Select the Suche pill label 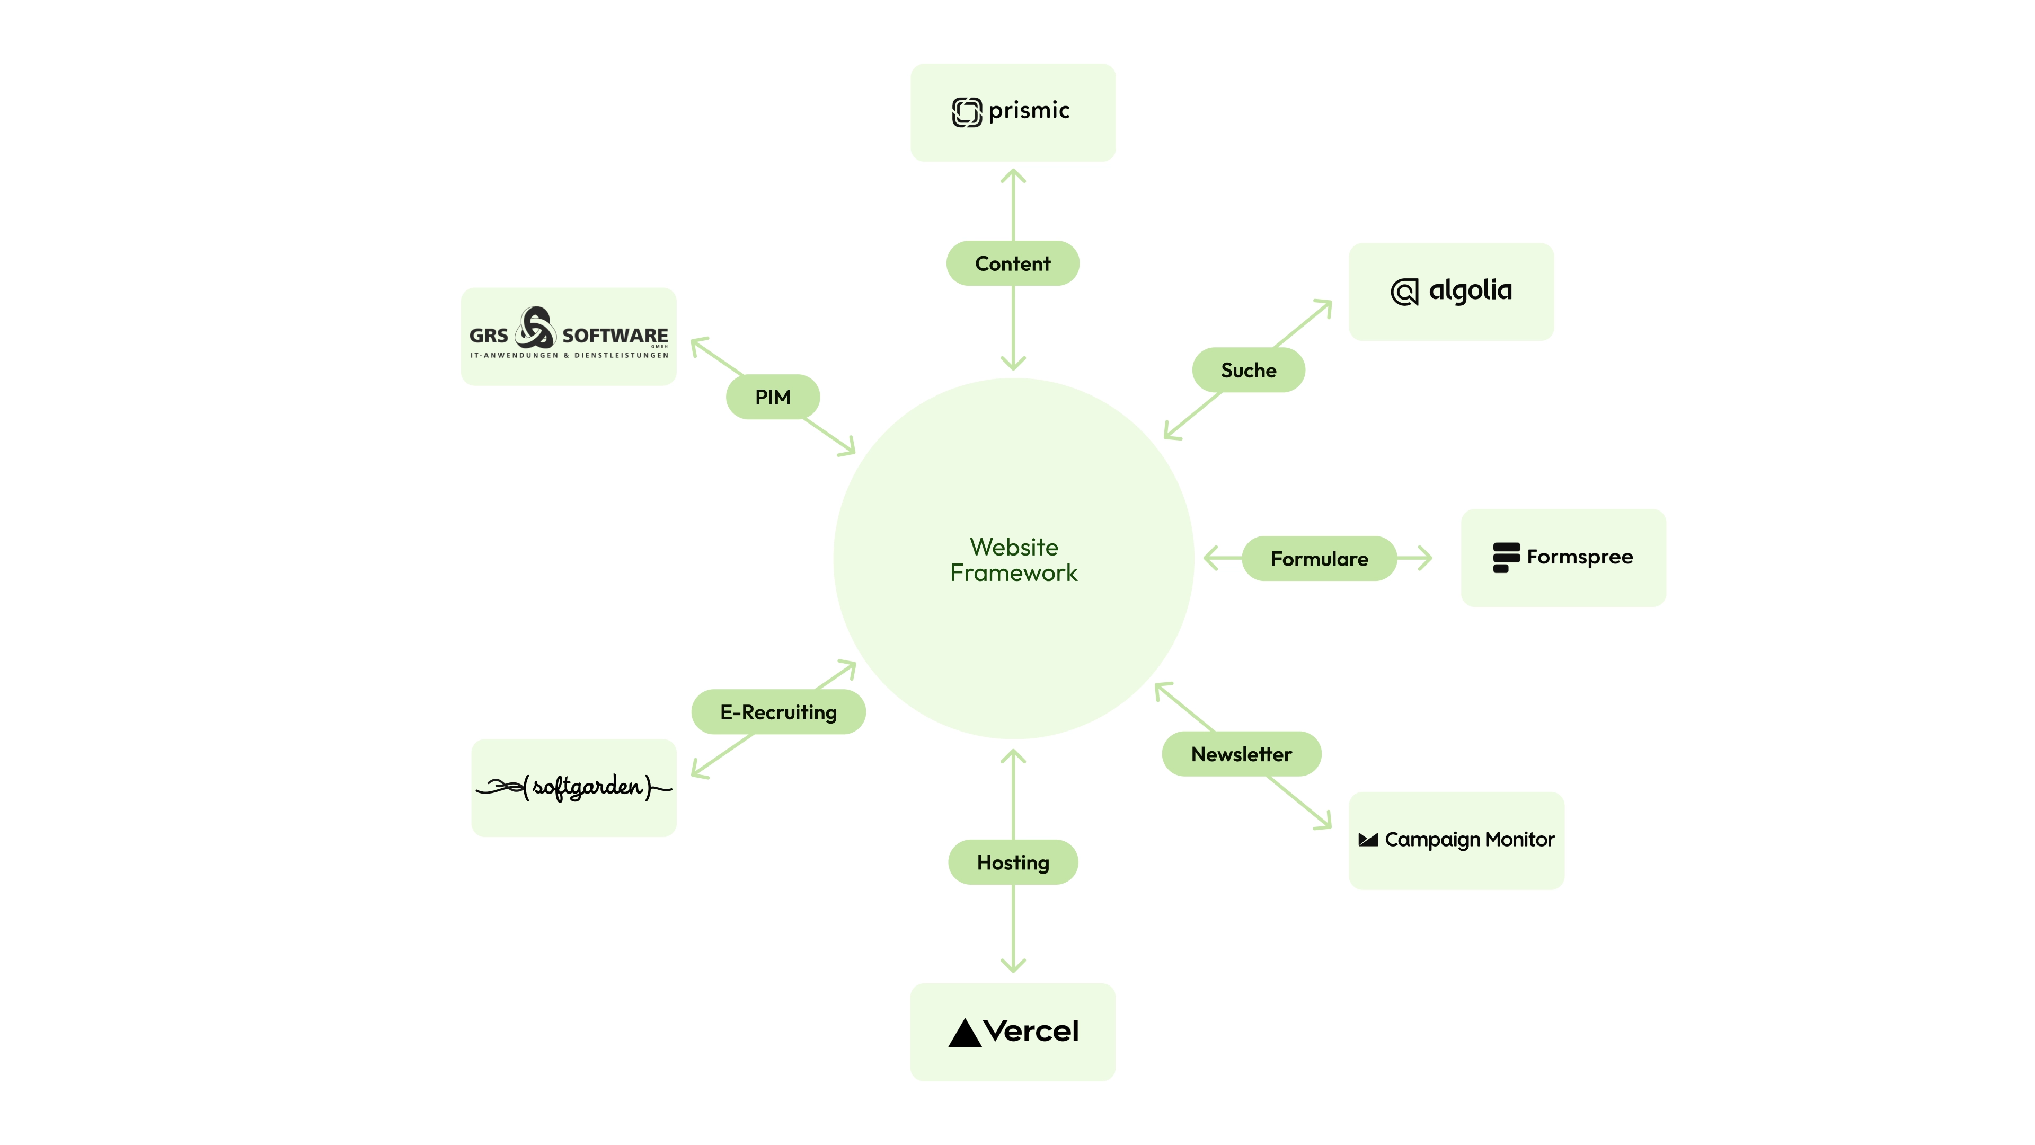1248,370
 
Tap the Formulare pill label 1319,559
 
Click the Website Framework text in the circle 1014,559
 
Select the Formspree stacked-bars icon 1506,557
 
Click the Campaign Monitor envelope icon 1367,840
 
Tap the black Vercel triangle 964,1033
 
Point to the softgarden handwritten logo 574,787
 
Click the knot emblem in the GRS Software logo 535,328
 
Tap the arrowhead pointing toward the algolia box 1327,304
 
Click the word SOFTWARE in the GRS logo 615,336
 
